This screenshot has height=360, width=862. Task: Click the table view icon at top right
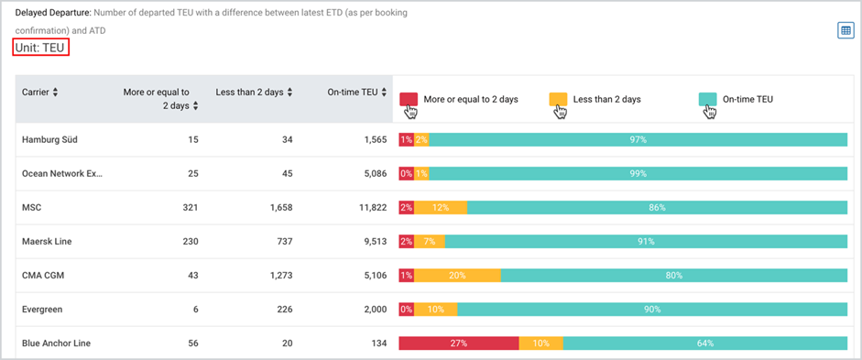845,31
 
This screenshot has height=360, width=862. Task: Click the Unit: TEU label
39,47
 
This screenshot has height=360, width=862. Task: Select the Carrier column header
39,93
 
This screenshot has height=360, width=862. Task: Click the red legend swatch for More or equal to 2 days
409,99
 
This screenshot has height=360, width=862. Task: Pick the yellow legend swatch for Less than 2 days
557,99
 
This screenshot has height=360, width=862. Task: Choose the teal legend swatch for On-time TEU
707,99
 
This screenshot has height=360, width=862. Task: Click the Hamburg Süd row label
52,139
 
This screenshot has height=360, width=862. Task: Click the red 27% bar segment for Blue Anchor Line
458,344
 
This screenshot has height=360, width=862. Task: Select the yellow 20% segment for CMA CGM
457,276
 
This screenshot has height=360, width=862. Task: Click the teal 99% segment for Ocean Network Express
638,173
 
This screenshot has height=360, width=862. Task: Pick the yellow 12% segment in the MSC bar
441,208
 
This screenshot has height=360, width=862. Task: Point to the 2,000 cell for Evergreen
361,310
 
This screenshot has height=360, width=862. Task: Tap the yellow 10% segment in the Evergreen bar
435,310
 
